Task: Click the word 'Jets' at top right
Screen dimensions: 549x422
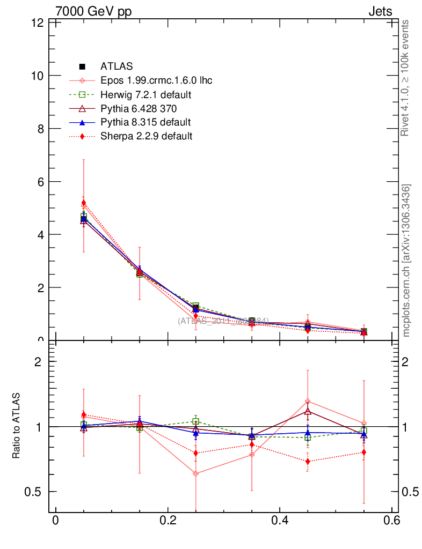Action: pos(380,11)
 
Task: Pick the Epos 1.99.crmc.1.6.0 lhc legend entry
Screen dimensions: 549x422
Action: pos(156,80)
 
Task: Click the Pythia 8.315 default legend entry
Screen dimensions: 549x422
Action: pos(145,122)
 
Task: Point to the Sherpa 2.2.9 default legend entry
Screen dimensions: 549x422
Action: pos(146,136)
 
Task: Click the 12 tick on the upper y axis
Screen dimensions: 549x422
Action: pos(37,23)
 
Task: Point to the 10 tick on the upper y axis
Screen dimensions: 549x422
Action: pos(37,76)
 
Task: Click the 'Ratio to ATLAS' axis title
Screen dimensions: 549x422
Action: pos(17,426)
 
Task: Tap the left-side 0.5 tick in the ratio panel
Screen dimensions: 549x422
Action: pos(35,492)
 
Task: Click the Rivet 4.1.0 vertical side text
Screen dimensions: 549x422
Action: pos(406,78)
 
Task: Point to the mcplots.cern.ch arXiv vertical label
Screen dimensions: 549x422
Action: pos(406,260)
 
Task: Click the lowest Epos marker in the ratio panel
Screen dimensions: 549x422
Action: pos(196,473)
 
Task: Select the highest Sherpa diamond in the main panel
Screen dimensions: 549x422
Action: pos(84,203)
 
